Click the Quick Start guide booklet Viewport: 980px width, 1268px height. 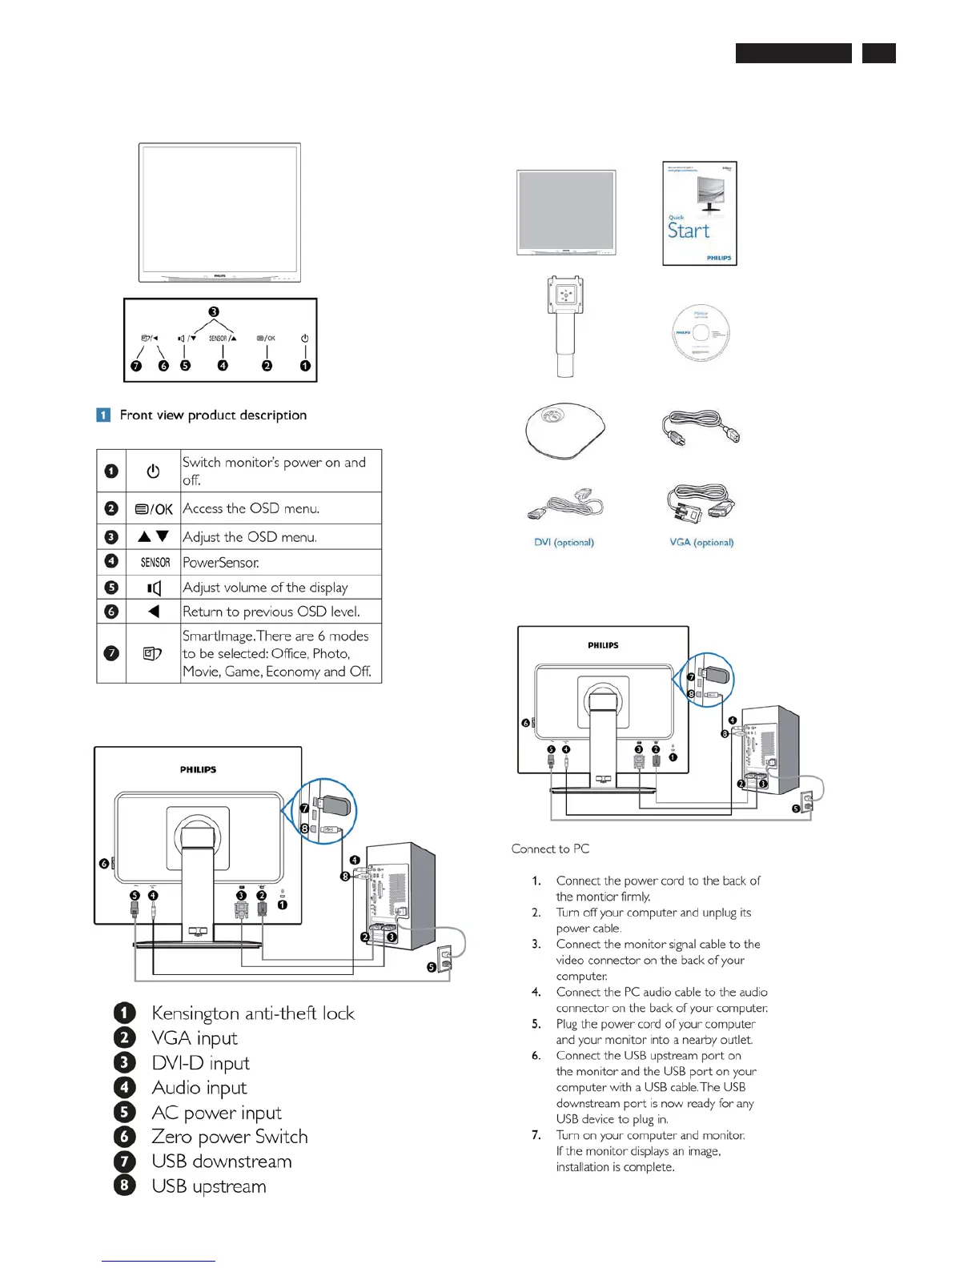(699, 213)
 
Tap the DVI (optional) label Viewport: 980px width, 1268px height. (564, 542)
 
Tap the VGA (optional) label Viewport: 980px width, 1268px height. (701, 542)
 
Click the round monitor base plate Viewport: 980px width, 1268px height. (564, 430)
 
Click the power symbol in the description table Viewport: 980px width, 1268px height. (153, 471)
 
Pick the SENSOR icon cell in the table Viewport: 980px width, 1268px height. (155, 562)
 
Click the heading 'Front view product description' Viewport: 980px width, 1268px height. (213, 415)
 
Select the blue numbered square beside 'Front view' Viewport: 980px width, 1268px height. (103, 415)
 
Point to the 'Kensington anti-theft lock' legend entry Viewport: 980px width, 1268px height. (252, 1013)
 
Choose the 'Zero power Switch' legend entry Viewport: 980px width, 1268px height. (229, 1137)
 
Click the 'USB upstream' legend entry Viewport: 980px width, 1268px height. (208, 1186)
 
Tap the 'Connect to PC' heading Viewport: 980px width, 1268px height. (550, 849)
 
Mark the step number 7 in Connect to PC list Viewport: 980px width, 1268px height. (536, 1135)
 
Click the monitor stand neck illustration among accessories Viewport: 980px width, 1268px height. (565, 326)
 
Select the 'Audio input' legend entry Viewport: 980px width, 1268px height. (199, 1088)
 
